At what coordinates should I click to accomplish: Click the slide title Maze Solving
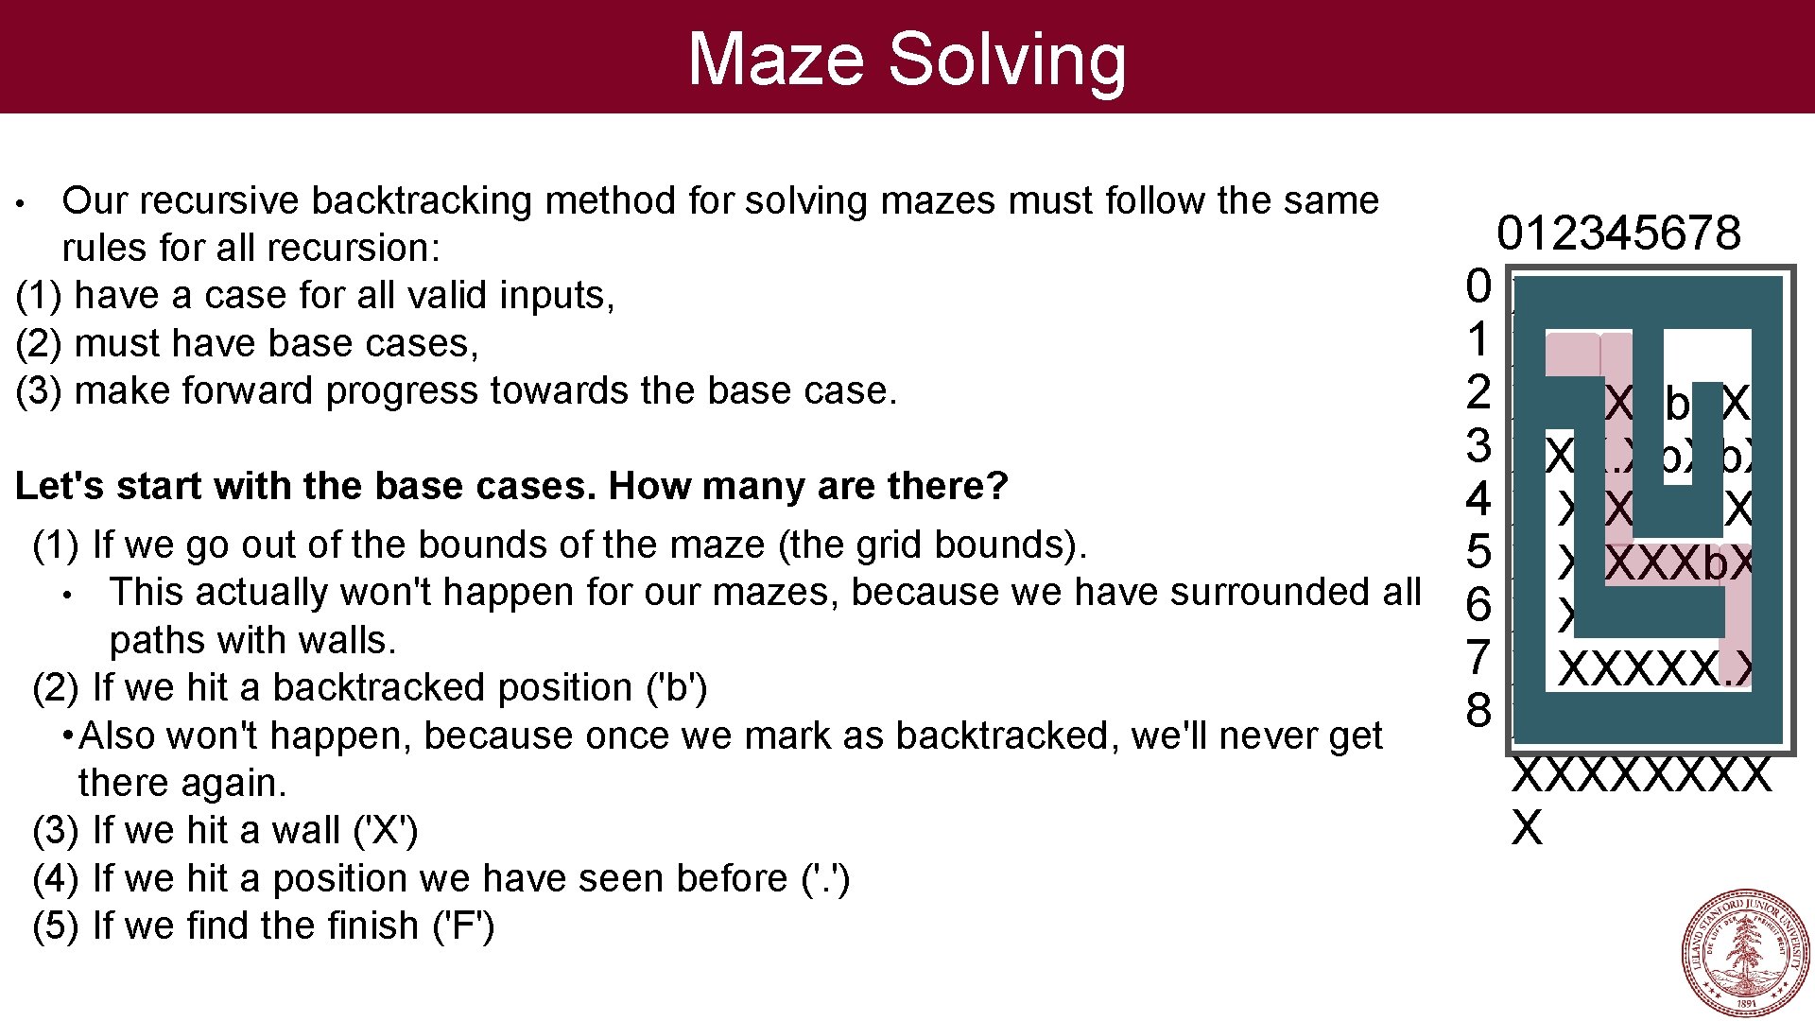pyautogui.click(x=907, y=59)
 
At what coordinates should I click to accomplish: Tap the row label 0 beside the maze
pyautogui.click(x=1478, y=286)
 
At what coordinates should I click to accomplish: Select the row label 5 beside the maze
pyautogui.click(x=1478, y=552)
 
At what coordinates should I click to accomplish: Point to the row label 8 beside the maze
pyautogui.click(x=1478, y=711)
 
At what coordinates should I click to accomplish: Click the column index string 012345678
pyautogui.click(x=1618, y=234)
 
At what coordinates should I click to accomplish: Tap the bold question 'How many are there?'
pyautogui.click(x=808, y=486)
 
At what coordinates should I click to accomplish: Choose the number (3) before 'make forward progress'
pyautogui.click(x=39, y=391)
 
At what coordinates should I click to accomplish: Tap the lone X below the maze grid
pyautogui.click(x=1527, y=828)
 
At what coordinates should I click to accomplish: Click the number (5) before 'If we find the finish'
pyautogui.click(x=56, y=926)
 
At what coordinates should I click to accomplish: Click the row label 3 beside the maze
pyautogui.click(x=1478, y=446)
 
